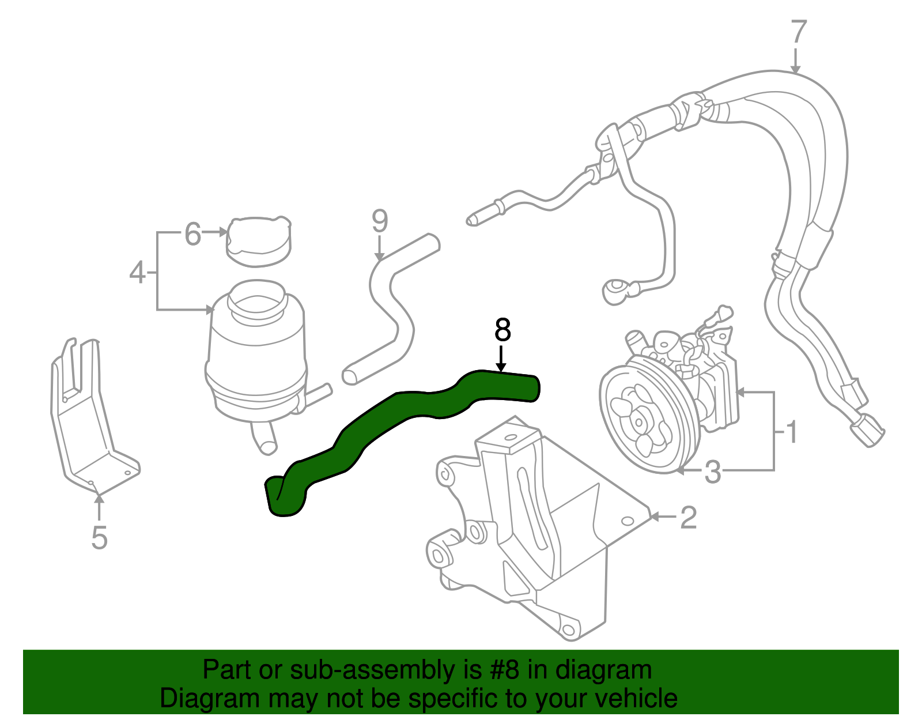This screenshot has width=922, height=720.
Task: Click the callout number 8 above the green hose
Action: point(502,331)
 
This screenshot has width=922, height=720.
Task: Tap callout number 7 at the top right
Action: point(798,32)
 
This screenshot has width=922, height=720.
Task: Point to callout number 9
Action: point(380,221)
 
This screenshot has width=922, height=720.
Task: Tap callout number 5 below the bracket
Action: point(99,537)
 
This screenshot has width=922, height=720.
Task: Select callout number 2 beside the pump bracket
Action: point(688,517)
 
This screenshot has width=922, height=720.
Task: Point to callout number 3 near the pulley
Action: point(713,472)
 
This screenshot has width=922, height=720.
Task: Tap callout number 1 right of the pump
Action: point(792,431)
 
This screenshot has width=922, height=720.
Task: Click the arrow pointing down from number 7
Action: point(796,60)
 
